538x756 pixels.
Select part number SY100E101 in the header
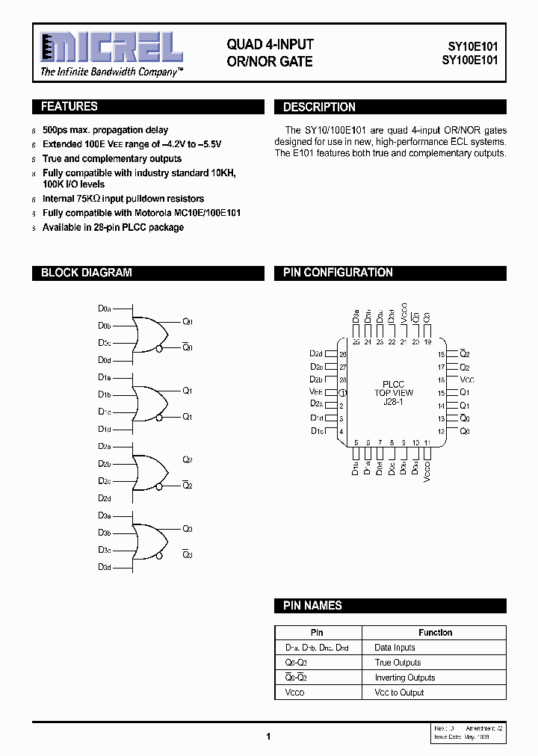tap(468, 61)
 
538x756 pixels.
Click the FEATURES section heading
tap(69, 107)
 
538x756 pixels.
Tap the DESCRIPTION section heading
tap(319, 108)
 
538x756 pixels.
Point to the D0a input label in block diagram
tap(105, 309)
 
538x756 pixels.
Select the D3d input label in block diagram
tap(105, 568)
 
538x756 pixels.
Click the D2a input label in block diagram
tap(105, 447)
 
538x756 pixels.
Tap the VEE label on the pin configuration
tap(315, 392)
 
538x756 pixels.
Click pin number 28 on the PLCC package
tap(343, 379)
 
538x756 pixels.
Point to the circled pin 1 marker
tap(343, 393)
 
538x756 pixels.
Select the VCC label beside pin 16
tap(467, 380)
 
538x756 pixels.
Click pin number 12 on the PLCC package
tap(442, 432)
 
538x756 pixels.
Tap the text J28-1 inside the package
tap(389, 402)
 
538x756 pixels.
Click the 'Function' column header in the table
tap(435, 633)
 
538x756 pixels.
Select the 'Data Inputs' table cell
tap(395, 648)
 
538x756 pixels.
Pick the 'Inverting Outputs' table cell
tap(404, 678)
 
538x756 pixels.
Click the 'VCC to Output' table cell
tap(399, 693)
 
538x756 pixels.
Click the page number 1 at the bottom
tap(268, 737)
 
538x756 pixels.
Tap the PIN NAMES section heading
tap(312, 606)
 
